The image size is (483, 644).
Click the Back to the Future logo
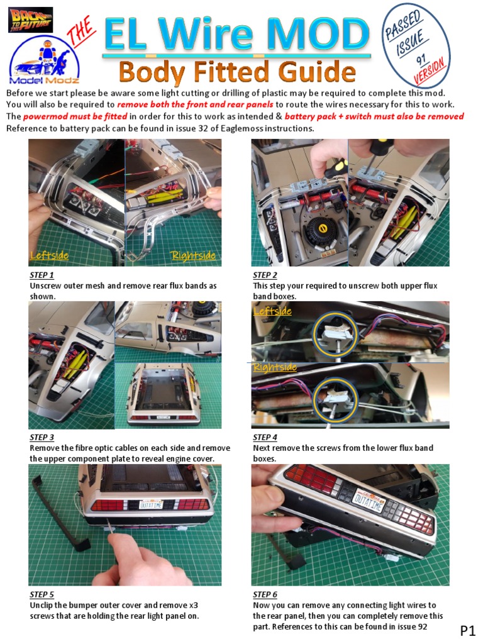30,19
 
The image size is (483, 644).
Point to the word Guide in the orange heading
301,72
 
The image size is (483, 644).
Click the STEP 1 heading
42,275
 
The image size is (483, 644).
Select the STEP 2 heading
265,275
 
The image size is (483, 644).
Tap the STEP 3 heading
42,438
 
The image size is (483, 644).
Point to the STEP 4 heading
265,438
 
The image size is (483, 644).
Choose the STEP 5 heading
42,594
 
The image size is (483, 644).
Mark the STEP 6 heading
265,594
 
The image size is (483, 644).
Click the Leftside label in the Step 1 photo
50,255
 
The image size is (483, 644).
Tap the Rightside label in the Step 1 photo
193,255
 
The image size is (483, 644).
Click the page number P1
467,630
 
